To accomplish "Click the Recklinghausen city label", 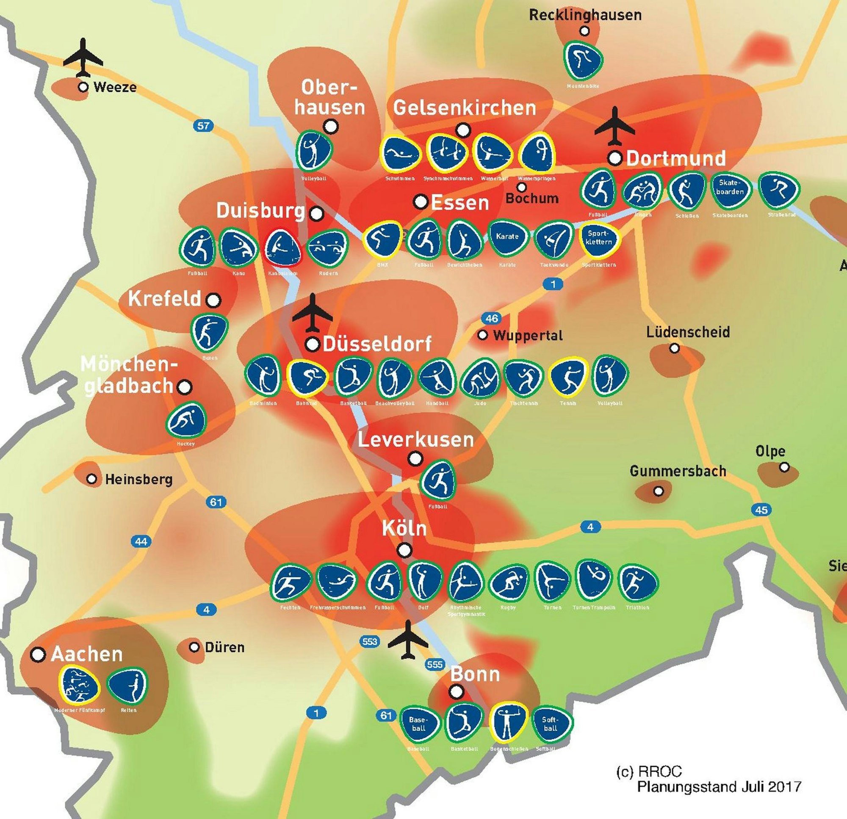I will pyautogui.click(x=585, y=15).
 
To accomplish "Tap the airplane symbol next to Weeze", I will pyautogui.click(x=83, y=58).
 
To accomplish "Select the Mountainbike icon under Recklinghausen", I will pyautogui.click(x=584, y=59).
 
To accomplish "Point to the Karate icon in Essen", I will pyautogui.click(x=507, y=237).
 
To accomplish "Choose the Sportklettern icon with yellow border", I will pyautogui.click(x=599, y=238).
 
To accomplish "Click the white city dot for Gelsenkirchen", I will pyautogui.click(x=463, y=130).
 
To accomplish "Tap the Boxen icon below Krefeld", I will pyautogui.click(x=209, y=333).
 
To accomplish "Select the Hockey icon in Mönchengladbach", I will pyautogui.click(x=186, y=420).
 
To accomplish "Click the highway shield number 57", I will pyautogui.click(x=203, y=126).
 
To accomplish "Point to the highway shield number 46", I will pyautogui.click(x=491, y=318).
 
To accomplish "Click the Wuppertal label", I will pyautogui.click(x=528, y=336).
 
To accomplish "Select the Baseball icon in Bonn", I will pyautogui.click(x=418, y=724).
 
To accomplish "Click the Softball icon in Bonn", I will pyautogui.click(x=551, y=724).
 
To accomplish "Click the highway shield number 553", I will pyautogui.click(x=369, y=642).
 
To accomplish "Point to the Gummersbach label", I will pyautogui.click(x=678, y=471).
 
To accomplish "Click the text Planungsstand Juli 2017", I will pyautogui.click(x=719, y=786).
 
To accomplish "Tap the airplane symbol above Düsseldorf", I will pyautogui.click(x=312, y=314).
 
